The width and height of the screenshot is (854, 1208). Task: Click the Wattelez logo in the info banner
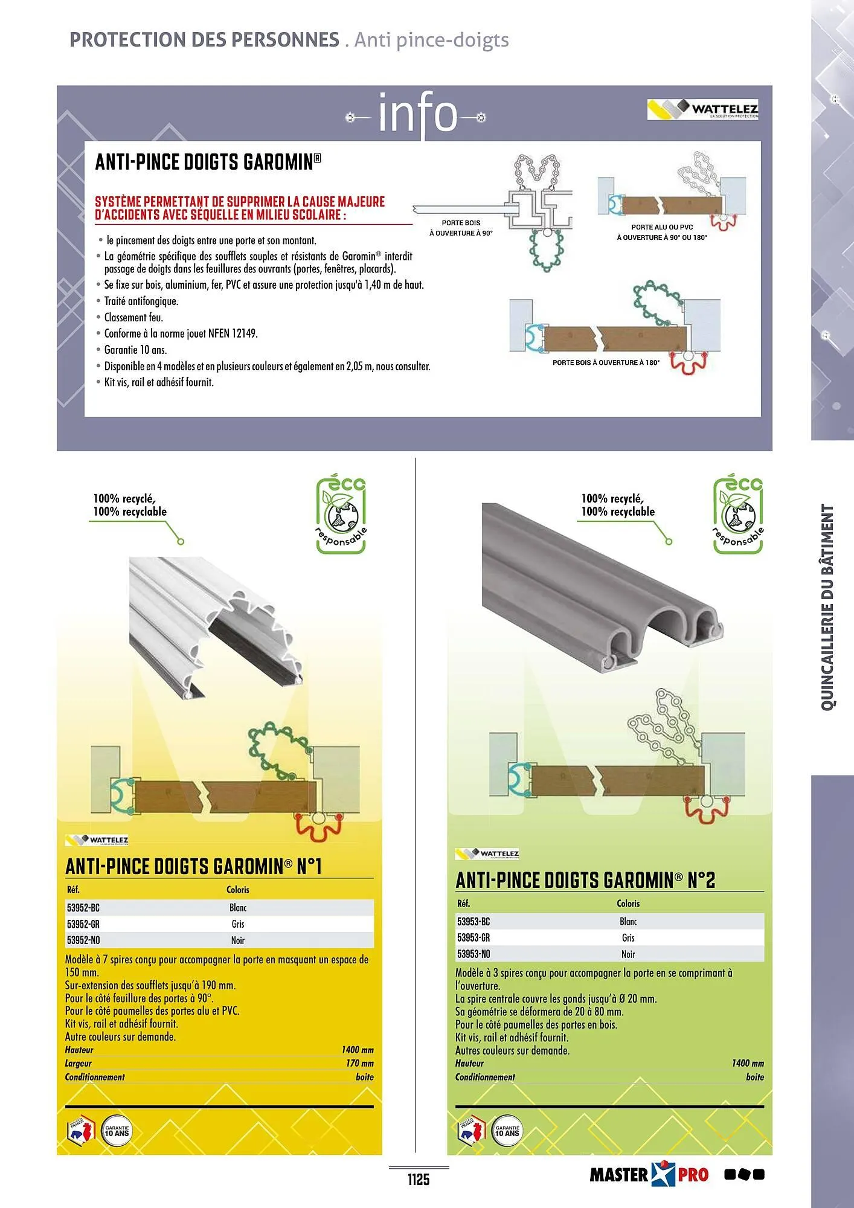[702, 110]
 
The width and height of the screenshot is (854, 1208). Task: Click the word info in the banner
[417, 115]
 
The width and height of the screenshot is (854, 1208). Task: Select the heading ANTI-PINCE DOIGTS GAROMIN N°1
[193, 867]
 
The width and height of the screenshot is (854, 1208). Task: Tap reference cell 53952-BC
[83, 908]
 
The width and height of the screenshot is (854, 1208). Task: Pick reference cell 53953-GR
[474, 938]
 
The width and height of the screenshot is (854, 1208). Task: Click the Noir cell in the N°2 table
[628, 954]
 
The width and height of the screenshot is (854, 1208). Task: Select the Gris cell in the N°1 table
[238, 924]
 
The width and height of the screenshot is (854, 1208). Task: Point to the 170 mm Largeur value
[360, 1063]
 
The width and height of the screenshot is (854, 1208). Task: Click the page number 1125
[418, 1179]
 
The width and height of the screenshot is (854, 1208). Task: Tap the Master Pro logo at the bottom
[649, 1175]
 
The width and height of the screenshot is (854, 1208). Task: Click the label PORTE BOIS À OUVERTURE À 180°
[606, 362]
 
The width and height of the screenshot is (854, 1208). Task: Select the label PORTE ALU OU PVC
[662, 227]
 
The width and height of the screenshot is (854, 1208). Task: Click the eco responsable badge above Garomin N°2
[738, 515]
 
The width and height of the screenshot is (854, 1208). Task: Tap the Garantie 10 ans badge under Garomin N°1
[117, 1131]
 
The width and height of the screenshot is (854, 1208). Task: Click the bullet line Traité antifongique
[141, 301]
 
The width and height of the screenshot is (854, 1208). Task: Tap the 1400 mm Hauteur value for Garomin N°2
[748, 1063]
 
